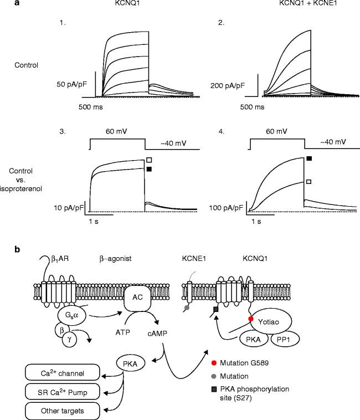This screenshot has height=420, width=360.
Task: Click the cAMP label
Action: (157, 334)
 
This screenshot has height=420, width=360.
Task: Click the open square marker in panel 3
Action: (149, 160)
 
